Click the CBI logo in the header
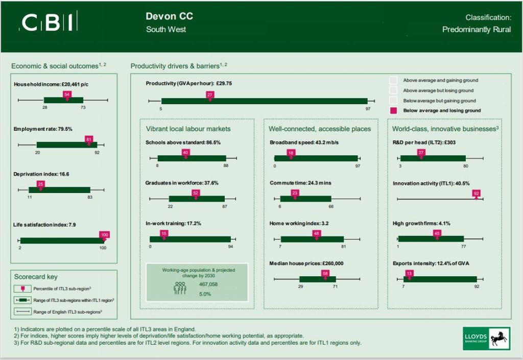pyautogui.click(x=49, y=22)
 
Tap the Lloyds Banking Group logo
pyautogui.click(x=486, y=338)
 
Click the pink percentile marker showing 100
pyautogui.click(x=104, y=235)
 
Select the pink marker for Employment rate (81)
pyautogui.click(x=89, y=139)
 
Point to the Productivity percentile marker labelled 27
pyautogui.click(x=210, y=95)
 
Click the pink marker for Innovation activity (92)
pyautogui.click(x=477, y=194)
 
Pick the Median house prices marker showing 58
pyautogui.click(x=325, y=274)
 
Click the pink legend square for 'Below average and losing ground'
pyautogui.click(x=393, y=110)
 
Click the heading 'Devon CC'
pyautogui.click(x=169, y=16)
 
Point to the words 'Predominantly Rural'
pyautogui.click(x=476, y=30)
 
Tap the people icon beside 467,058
pyautogui.click(x=180, y=288)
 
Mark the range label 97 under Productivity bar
pyautogui.click(x=367, y=109)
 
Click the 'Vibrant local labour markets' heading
pyautogui.click(x=188, y=129)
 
